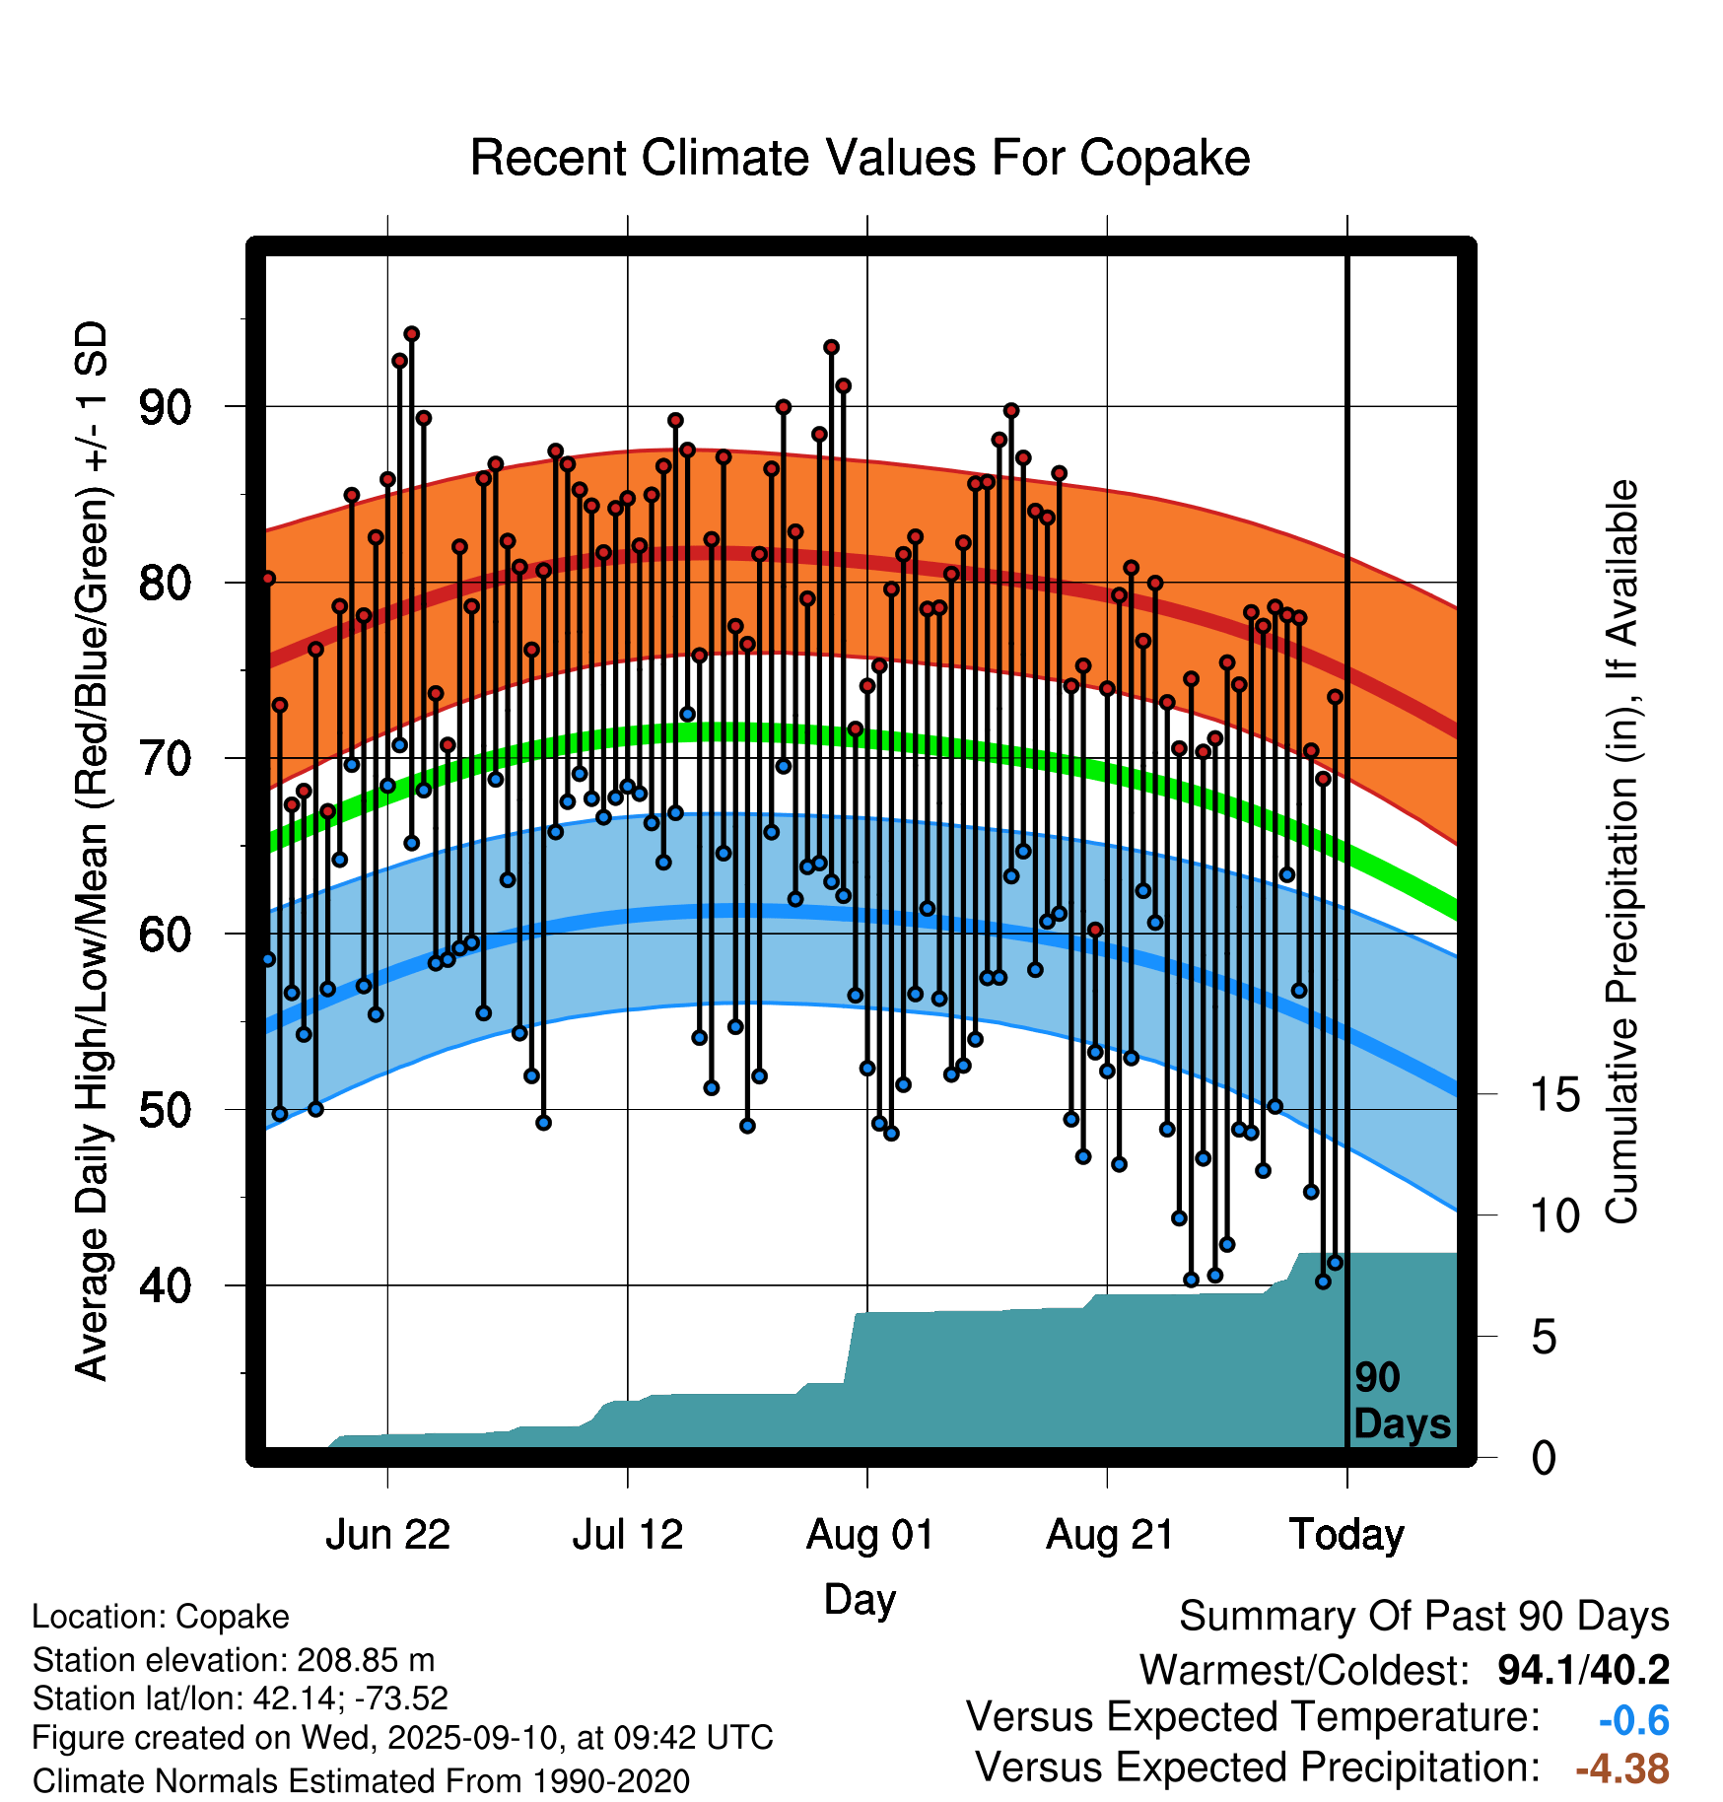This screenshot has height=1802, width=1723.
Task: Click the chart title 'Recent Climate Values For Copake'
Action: [860, 158]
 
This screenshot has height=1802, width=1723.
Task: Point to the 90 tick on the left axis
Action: [165, 407]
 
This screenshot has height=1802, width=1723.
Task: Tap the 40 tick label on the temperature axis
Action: [165, 1285]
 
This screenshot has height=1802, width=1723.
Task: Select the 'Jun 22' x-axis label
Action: [387, 1535]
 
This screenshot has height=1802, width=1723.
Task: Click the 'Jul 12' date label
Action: [628, 1535]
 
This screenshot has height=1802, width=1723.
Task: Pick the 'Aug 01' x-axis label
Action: [869, 1535]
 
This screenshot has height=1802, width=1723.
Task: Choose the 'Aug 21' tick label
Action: [1110, 1535]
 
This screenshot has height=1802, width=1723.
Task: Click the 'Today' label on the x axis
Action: [1346, 1535]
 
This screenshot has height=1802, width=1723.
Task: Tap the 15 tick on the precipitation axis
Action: [1554, 1095]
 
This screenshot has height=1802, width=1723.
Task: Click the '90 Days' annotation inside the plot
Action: [1401, 1401]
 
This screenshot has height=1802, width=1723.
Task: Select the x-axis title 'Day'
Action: [860, 1599]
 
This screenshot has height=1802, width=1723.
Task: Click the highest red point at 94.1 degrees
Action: [412, 334]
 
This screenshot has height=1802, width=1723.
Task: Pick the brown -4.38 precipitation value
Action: [1621, 1768]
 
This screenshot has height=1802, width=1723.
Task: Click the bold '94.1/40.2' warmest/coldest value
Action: [1583, 1670]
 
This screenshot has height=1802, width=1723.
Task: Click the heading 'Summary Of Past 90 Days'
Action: [1423, 1617]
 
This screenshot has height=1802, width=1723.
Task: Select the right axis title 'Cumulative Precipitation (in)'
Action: [1621, 853]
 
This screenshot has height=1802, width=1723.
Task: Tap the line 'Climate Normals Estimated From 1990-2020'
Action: [361, 1781]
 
